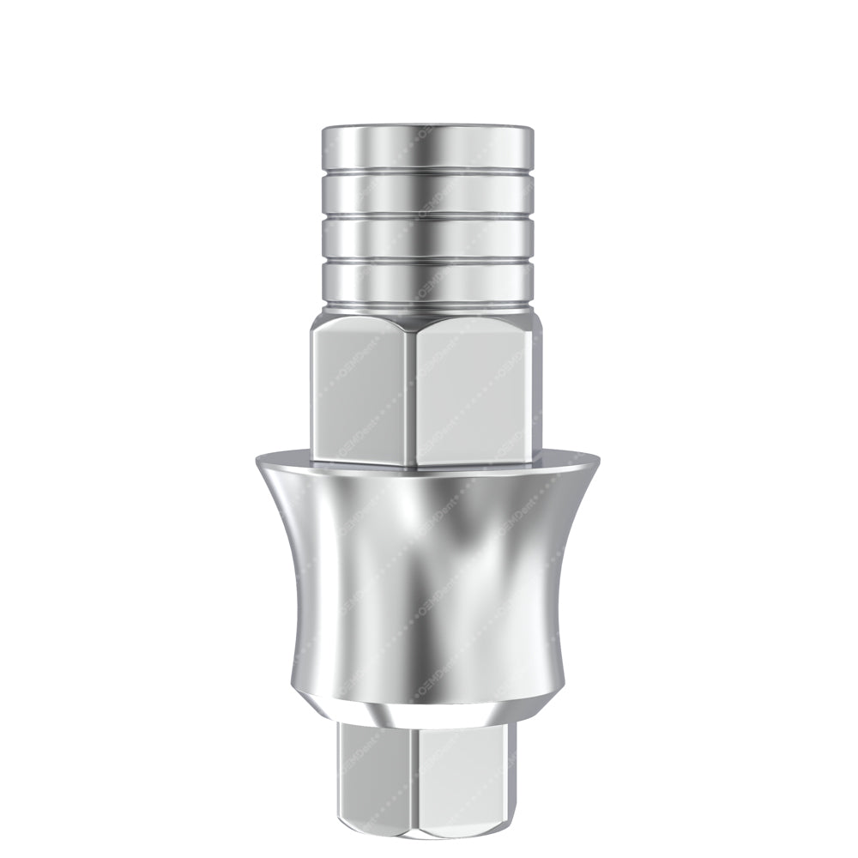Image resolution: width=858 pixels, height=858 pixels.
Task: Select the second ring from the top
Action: [x=427, y=191]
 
